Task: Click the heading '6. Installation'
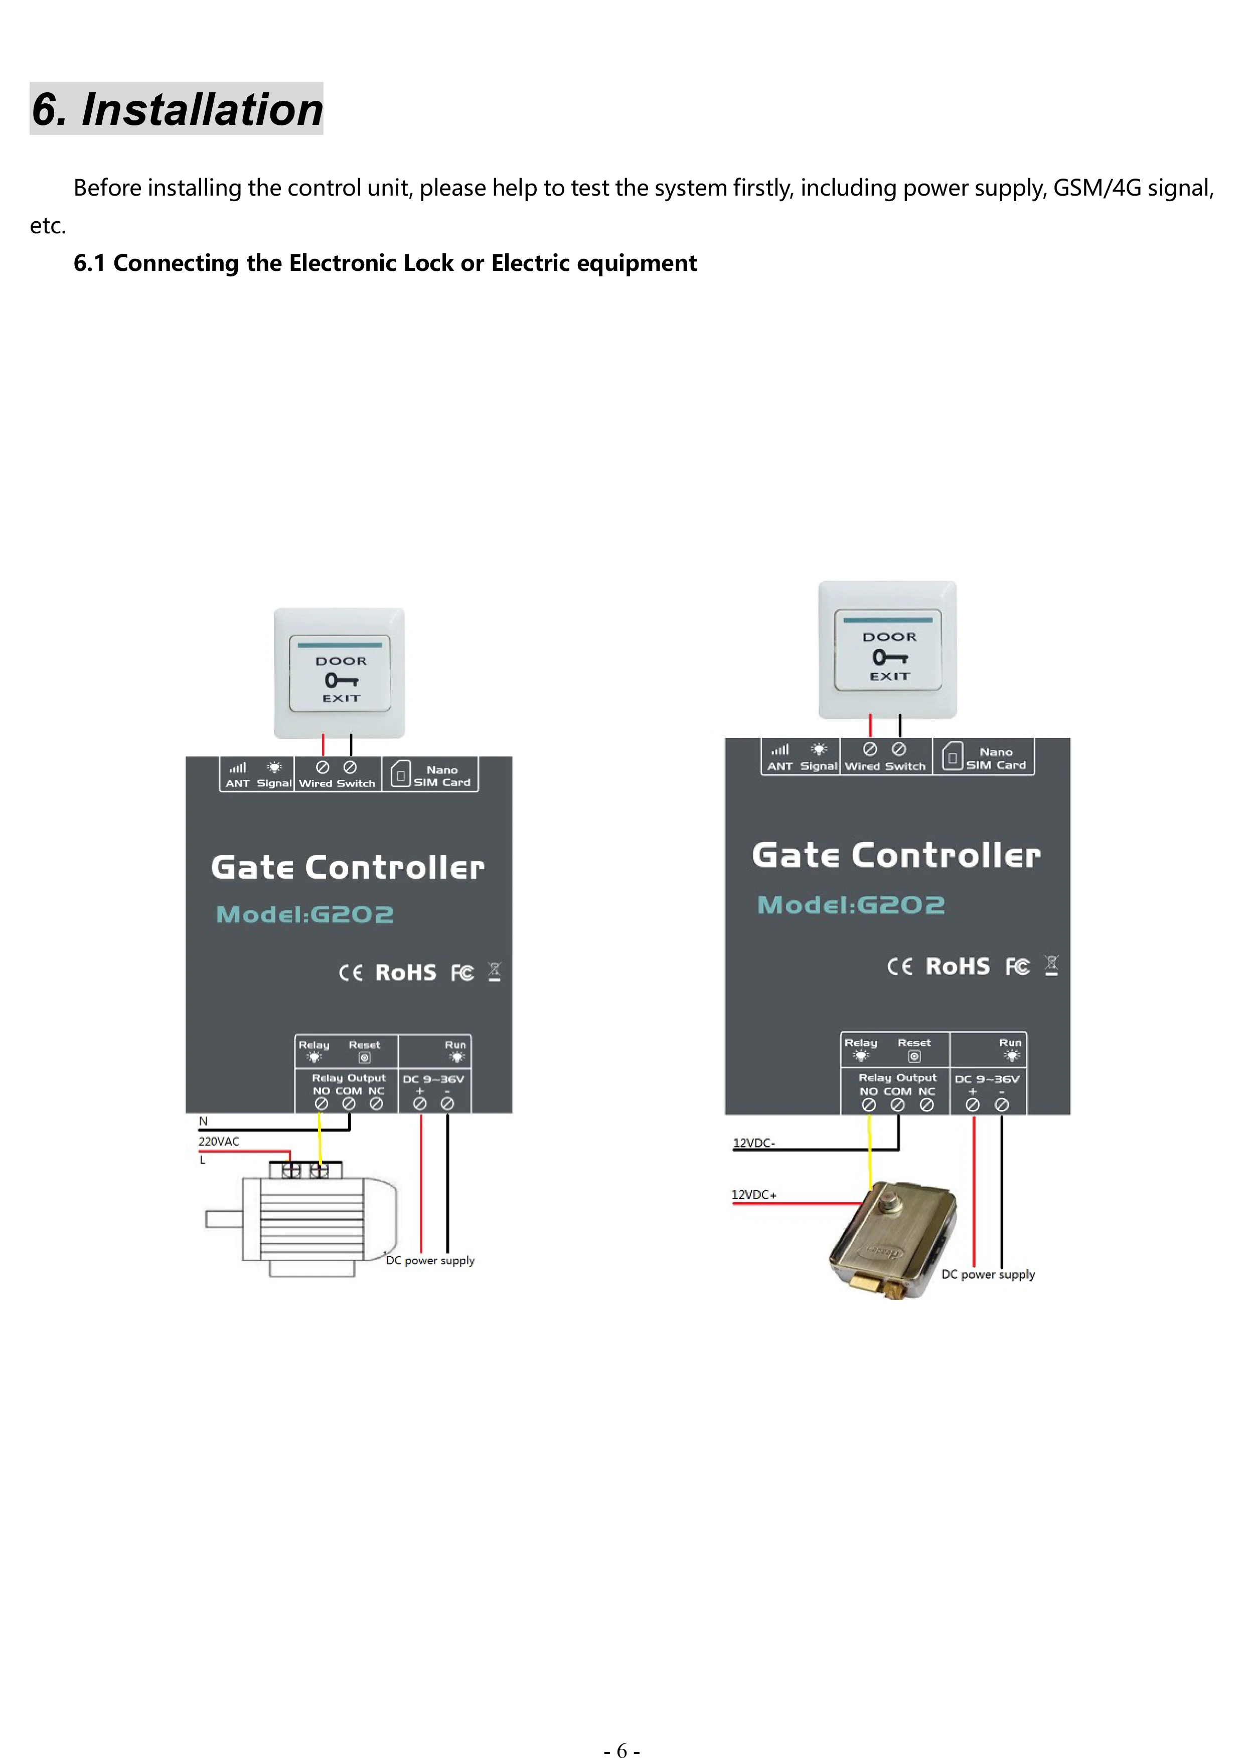pos(177,109)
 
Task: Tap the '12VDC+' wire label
pos(754,1194)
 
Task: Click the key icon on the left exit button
pos(341,680)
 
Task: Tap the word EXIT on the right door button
pos(889,677)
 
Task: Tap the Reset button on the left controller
pos(365,1058)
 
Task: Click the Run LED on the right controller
pos(1011,1056)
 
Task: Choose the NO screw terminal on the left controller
pos(322,1104)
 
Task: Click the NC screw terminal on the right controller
pos(927,1105)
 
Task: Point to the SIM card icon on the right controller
pos(952,757)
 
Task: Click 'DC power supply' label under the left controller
pos(430,1260)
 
